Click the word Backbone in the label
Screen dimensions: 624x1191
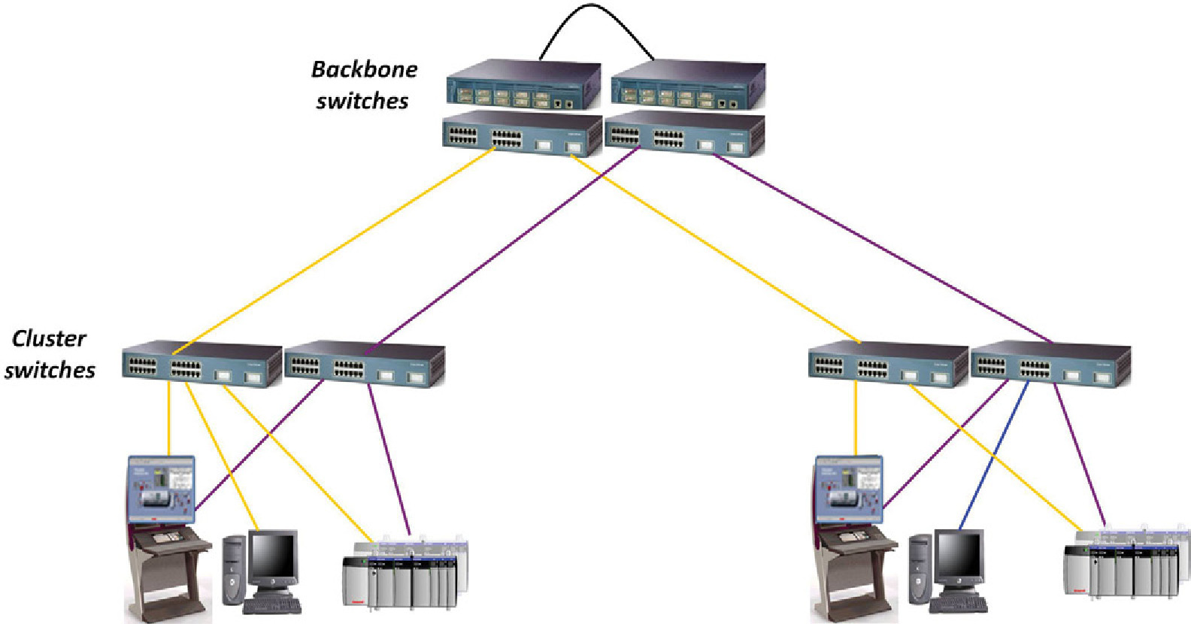pos(364,70)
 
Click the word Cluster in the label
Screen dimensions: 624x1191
pos(49,339)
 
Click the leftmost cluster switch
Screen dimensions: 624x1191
pos(202,365)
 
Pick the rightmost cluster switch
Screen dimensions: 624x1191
pos(1050,365)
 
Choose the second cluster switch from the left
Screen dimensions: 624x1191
pos(365,365)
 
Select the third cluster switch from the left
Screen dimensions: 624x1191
pos(888,365)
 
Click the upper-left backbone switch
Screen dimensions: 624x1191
pos(524,85)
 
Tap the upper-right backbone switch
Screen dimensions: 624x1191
pos(688,85)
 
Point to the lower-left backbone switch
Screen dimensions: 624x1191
pos(522,134)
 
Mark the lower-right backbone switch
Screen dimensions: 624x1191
pos(685,134)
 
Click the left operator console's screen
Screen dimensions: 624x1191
pos(161,489)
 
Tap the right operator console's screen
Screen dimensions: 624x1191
pos(848,489)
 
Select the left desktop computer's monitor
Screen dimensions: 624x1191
pos(273,557)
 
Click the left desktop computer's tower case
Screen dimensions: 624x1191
pos(234,569)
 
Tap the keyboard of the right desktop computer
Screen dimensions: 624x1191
pos(959,605)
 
